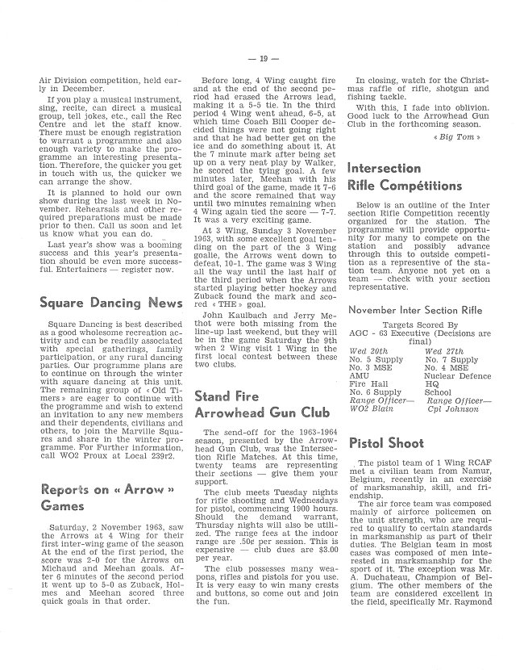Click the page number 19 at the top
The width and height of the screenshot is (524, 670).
(263, 59)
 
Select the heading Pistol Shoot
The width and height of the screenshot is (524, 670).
(388, 443)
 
